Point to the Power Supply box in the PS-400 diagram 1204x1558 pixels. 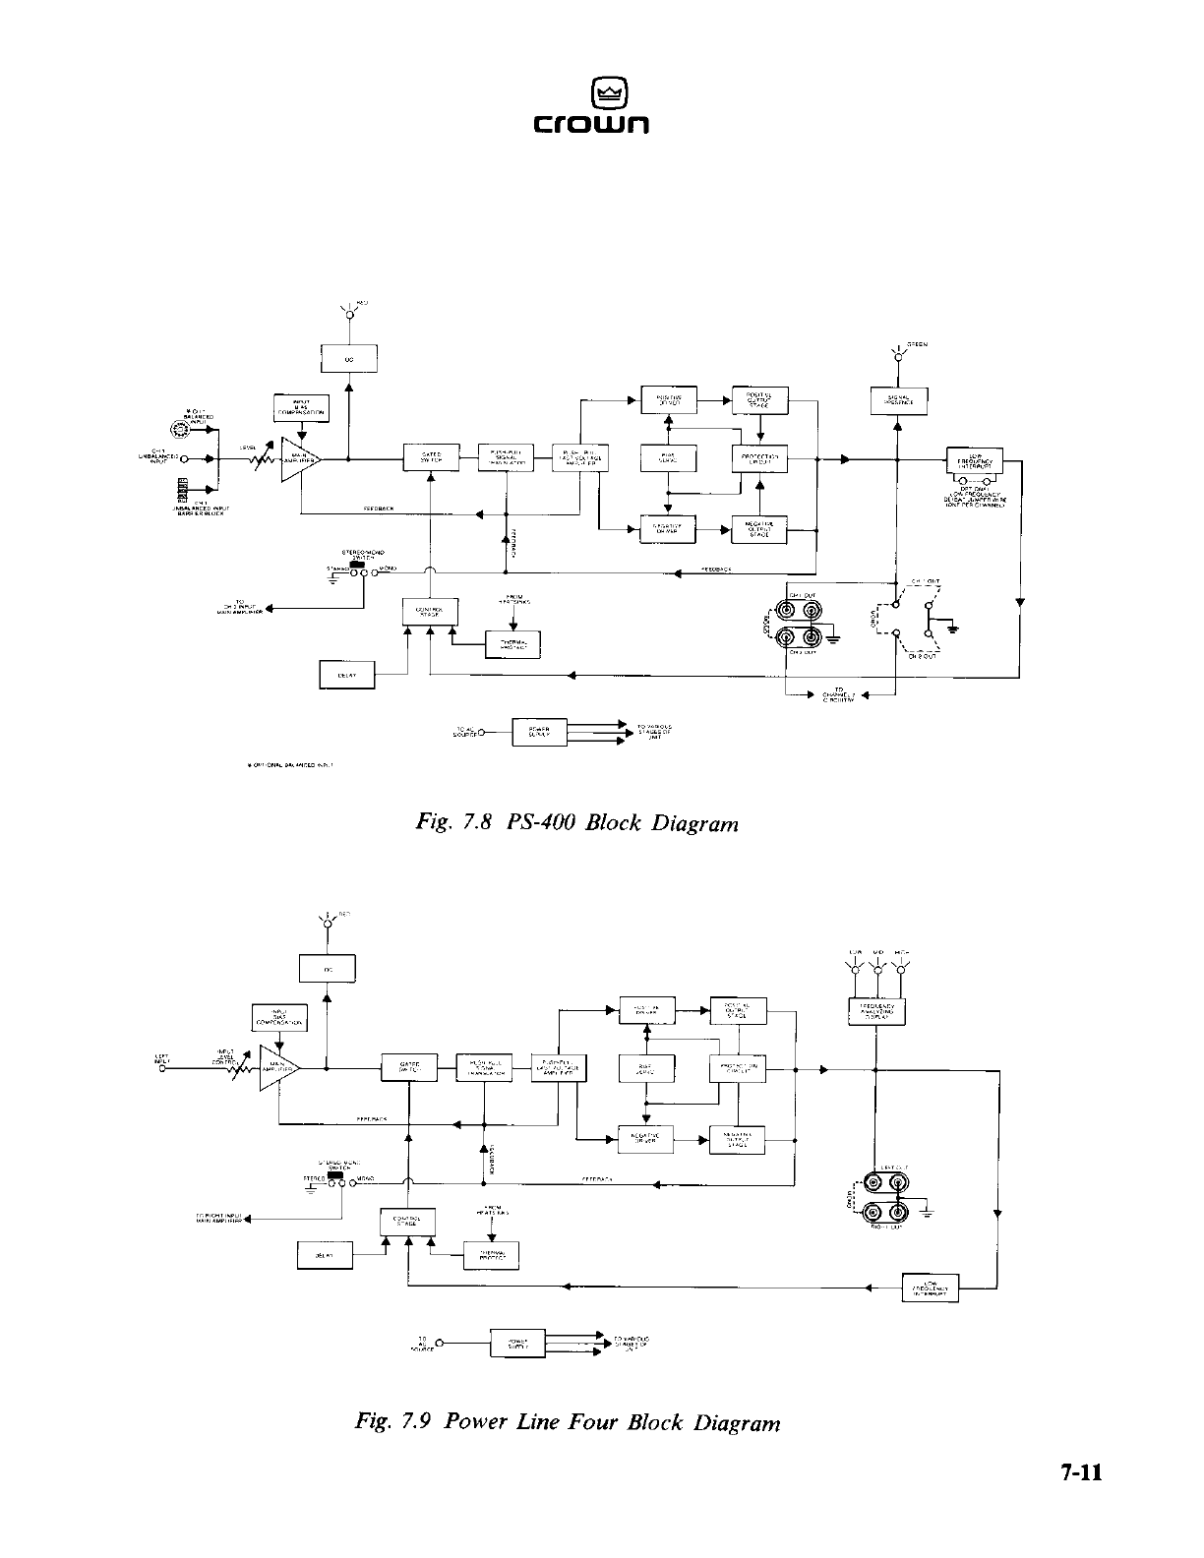click(x=539, y=733)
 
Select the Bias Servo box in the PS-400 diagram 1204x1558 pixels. click(x=668, y=458)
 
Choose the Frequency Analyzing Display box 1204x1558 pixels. click(x=875, y=1012)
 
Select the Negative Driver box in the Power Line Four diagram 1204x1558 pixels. click(x=645, y=1138)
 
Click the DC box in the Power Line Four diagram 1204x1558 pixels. click(x=326, y=970)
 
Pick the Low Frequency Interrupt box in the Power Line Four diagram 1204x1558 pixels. click(x=930, y=1287)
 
